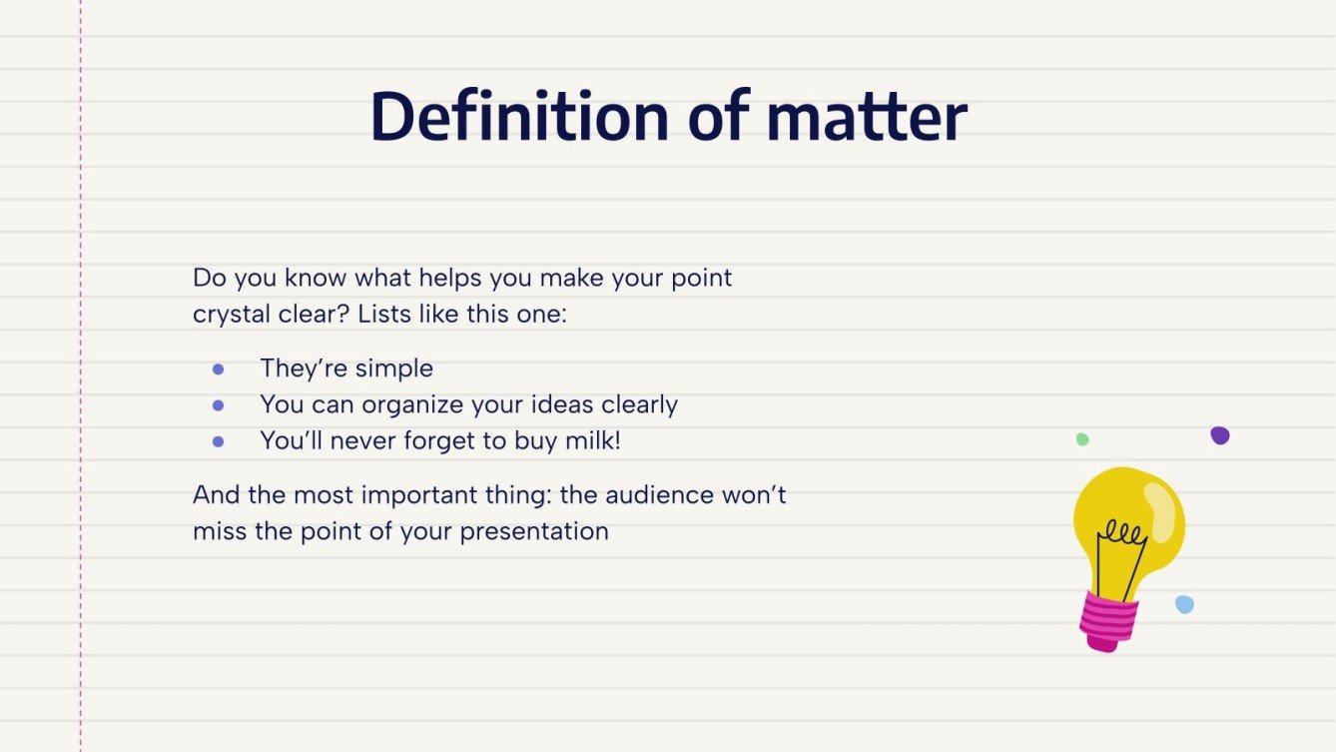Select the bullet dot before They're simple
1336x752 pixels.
[x=219, y=370]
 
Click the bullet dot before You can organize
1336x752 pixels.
[x=219, y=405]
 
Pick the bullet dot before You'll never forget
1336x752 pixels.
[x=219, y=441]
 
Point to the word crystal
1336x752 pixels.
[x=230, y=315]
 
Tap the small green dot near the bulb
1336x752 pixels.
[x=1082, y=439]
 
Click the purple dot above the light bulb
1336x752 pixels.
[x=1219, y=435]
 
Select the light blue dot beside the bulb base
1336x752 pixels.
[x=1184, y=604]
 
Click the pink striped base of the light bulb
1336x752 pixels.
[x=1109, y=619]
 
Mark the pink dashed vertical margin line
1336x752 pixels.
[x=81, y=399]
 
